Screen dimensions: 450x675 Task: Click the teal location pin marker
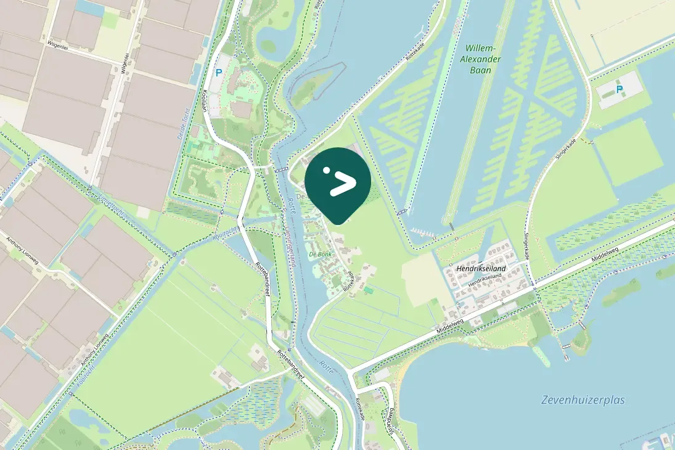338,182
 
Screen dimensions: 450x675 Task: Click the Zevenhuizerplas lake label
583,400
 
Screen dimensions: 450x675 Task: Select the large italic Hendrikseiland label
481,269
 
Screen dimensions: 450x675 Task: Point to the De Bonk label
321,254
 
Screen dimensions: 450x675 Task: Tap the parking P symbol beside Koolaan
218,72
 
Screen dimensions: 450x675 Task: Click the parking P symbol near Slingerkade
620,89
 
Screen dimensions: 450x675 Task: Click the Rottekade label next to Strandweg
360,409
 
